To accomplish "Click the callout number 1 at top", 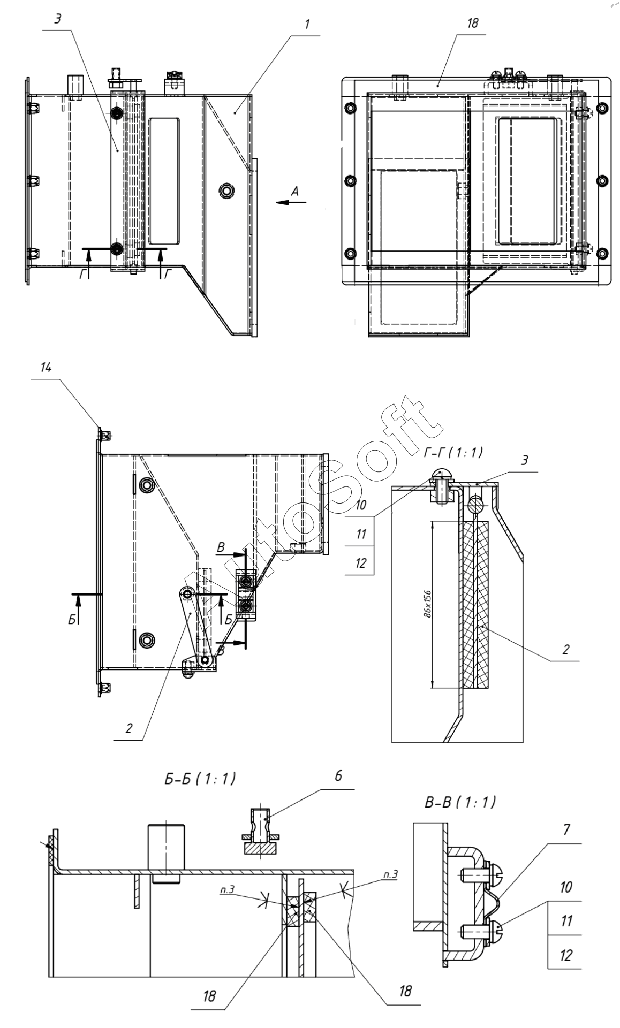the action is tap(307, 25).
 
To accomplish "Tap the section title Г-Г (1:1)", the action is tap(453, 453).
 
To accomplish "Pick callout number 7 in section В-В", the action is tap(566, 829).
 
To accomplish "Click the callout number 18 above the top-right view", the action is tap(472, 23).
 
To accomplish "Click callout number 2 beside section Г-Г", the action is tap(565, 649).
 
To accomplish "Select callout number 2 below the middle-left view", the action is tap(128, 728).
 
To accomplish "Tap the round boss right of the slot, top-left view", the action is tap(227, 191).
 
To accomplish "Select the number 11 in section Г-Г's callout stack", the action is tap(361, 534).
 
